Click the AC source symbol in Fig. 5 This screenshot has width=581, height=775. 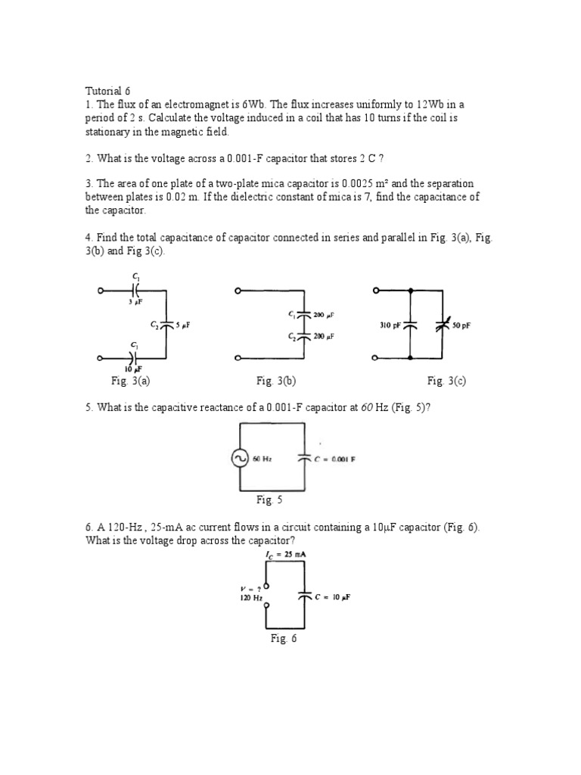pos(241,459)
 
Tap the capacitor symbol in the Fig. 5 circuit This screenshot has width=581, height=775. pos(306,459)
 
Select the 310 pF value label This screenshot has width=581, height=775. pos(389,325)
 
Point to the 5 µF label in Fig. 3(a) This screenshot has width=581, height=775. pos(183,325)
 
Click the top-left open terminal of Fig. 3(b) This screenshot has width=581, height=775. pos(238,290)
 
